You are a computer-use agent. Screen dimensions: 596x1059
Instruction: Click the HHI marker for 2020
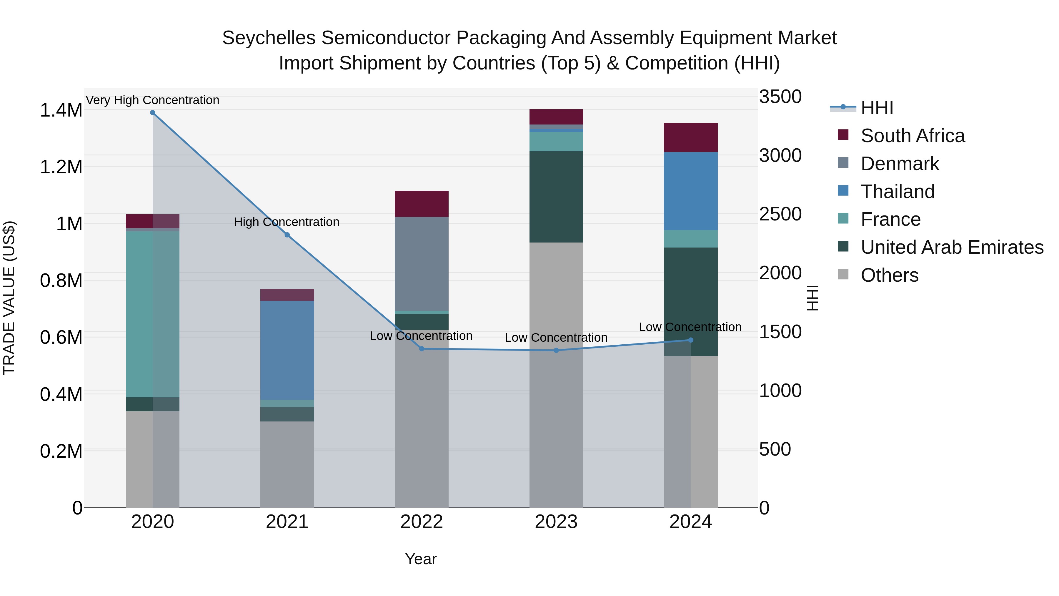coord(152,113)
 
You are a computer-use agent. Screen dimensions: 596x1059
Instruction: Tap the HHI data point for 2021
coord(287,235)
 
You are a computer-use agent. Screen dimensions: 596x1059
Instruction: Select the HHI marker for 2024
coord(691,340)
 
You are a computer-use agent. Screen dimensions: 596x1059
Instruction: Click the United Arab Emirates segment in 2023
coord(556,197)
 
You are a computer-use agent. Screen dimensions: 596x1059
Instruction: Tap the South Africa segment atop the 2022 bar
coord(421,204)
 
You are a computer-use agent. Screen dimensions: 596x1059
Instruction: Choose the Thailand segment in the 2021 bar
coord(287,350)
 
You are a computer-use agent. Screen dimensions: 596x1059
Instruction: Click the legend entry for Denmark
coord(900,164)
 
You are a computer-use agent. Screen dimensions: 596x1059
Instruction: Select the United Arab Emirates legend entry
coord(952,247)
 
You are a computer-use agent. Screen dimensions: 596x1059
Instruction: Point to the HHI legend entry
coord(877,108)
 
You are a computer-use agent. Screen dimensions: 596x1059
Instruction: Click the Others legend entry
coord(889,275)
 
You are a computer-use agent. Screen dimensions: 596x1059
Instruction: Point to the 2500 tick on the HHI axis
coord(780,214)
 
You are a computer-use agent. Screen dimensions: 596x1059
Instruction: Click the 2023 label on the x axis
coord(556,522)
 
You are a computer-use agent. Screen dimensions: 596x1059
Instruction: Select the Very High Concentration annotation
coord(152,100)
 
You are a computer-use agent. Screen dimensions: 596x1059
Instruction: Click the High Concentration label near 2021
coord(287,222)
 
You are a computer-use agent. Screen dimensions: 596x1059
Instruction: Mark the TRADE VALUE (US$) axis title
coord(9,298)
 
